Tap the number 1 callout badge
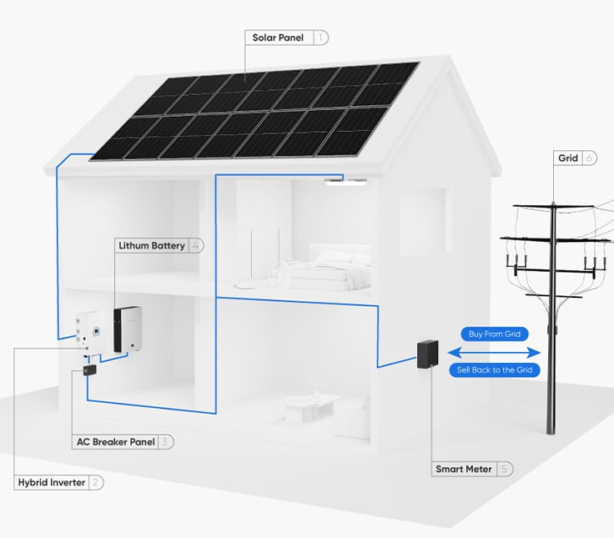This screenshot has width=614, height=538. coord(321,38)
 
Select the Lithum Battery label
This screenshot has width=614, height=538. coord(151,245)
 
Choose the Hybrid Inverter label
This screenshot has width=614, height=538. coord(52,482)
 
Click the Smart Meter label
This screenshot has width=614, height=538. coord(464,469)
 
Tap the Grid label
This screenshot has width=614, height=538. coord(568,158)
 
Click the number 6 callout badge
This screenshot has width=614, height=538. coord(589,158)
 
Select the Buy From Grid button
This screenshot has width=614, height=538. coord(494,334)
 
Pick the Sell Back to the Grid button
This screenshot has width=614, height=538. coord(494,370)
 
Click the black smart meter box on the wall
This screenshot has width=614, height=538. coord(427,354)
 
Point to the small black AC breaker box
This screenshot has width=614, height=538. coord(89,370)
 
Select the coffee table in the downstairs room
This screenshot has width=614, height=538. coord(300,406)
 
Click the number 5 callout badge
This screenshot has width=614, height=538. coord(505,469)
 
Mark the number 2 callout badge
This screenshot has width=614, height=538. coord(97,482)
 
